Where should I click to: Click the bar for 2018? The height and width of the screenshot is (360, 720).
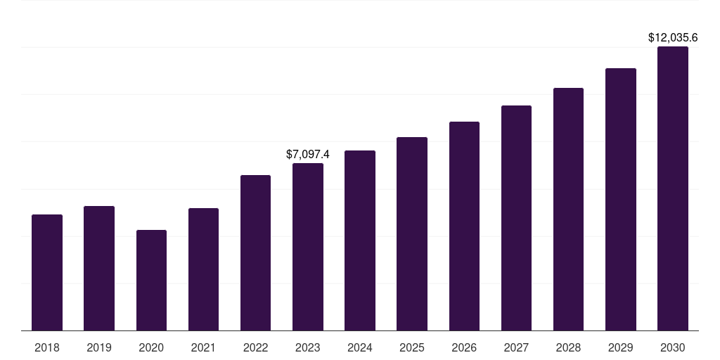47,273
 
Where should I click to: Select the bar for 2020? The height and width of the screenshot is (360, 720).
151,281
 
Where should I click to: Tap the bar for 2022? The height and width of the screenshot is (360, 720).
255,253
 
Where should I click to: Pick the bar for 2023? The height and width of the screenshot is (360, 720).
308,247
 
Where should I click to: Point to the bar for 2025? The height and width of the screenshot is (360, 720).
412,234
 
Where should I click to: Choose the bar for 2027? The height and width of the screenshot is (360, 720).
516,218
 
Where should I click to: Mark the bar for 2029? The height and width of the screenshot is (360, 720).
620,200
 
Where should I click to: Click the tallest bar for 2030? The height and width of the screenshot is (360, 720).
673,188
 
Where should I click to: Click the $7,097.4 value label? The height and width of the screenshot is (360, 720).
308,154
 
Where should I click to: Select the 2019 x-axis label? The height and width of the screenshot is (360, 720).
99,347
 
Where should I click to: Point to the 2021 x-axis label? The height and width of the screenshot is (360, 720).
203,347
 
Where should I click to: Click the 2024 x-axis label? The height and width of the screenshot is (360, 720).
360,347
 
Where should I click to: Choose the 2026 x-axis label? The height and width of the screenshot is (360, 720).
464,347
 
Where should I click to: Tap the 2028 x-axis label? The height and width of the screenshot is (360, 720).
568,347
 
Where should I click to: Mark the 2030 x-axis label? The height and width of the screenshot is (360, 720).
673,347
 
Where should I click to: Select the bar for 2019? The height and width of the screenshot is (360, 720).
99,269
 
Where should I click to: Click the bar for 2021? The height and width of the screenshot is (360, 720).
203,269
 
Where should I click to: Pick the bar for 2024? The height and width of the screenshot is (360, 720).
360,240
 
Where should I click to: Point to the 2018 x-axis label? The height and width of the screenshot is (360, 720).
47,347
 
